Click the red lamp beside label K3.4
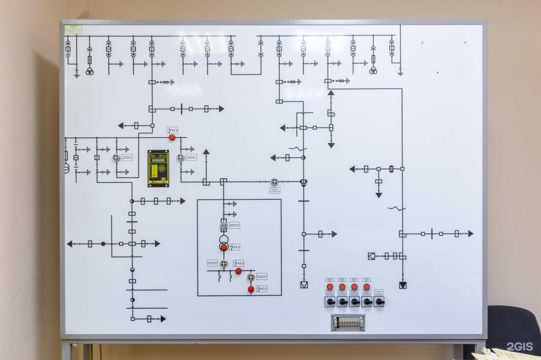click(x=172, y=137)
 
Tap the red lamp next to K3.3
click(x=224, y=247)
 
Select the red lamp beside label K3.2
click(x=238, y=271)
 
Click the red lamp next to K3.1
click(x=251, y=289)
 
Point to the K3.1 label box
click(x=262, y=289)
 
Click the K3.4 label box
click(x=172, y=130)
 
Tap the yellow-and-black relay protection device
click(x=158, y=168)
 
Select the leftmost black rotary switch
click(x=330, y=301)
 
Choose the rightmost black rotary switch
click(x=379, y=301)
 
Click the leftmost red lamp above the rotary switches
click(x=330, y=287)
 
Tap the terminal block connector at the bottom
click(x=348, y=322)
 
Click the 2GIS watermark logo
click(x=520, y=346)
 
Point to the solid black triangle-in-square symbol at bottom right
click(x=403, y=285)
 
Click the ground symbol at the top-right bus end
click(x=400, y=71)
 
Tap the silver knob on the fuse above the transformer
click(x=224, y=226)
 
